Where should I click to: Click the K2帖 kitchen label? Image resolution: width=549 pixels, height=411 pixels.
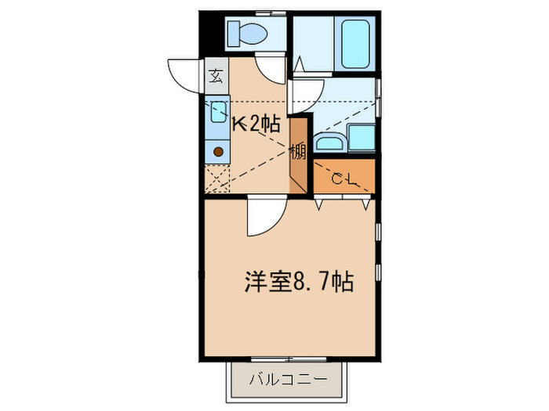[x=255, y=123]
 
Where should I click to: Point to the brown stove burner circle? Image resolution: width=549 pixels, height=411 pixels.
[x=218, y=150]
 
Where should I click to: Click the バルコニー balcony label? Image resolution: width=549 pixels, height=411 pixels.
[x=287, y=380]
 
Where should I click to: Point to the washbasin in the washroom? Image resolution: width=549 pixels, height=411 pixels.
[x=328, y=142]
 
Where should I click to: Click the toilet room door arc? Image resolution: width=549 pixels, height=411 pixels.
[x=271, y=71]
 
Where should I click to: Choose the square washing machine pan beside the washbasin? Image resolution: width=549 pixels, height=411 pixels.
[x=362, y=139]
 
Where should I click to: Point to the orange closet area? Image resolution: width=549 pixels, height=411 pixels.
[x=344, y=176]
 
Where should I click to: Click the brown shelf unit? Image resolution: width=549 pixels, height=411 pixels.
[x=299, y=155]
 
